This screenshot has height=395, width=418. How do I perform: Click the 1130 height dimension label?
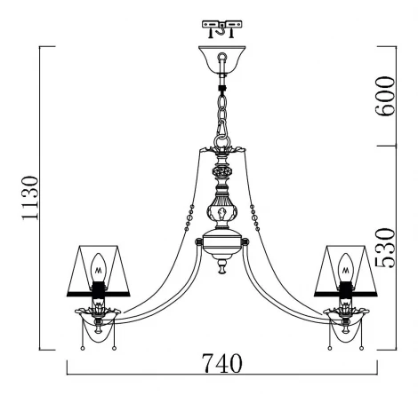[30, 198]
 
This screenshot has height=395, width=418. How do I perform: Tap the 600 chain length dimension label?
[385, 96]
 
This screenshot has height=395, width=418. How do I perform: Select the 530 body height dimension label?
[385, 248]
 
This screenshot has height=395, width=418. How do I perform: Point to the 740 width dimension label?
[221, 363]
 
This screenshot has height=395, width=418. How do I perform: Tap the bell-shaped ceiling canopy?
[222, 59]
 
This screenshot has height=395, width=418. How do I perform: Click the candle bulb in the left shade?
[99, 267]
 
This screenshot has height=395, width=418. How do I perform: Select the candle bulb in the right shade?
[346, 267]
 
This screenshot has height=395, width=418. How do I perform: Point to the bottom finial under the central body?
[221, 266]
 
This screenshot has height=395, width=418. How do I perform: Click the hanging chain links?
[222, 114]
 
